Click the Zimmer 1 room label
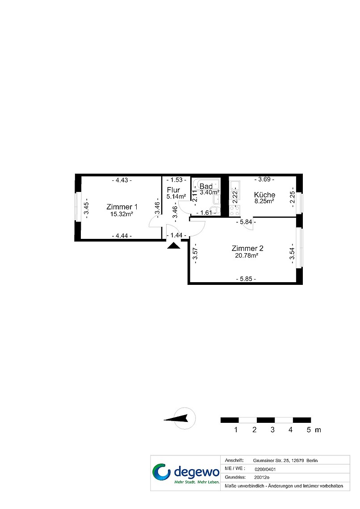[122, 207]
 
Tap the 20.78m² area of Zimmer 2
[247, 255]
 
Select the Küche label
[264, 195]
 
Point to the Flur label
[173, 190]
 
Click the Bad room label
[206, 186]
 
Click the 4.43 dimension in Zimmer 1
[122, 180]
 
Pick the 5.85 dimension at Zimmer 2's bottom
[246, 279]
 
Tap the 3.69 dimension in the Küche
[264, 179]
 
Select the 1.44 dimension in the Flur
[176, 235]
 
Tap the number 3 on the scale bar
[272, 430]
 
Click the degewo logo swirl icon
[161, 472]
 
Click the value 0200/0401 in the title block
[265, 469]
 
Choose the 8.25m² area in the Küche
[264, 201]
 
